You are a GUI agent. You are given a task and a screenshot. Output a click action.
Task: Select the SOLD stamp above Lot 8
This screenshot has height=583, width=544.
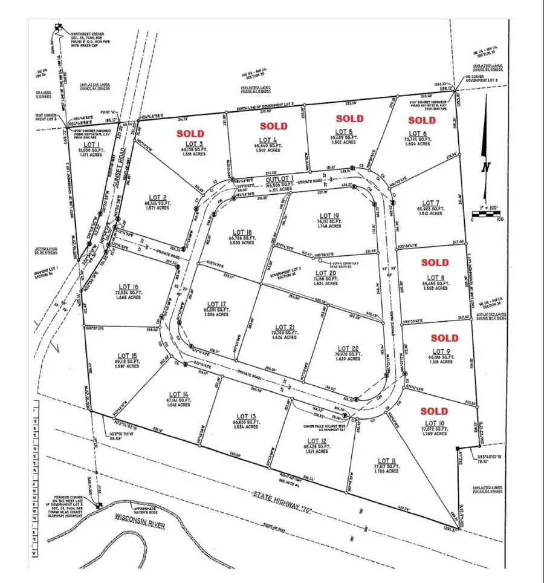point(435,263)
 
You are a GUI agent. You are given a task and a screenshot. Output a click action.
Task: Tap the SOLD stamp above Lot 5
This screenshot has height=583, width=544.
point(350,119)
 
